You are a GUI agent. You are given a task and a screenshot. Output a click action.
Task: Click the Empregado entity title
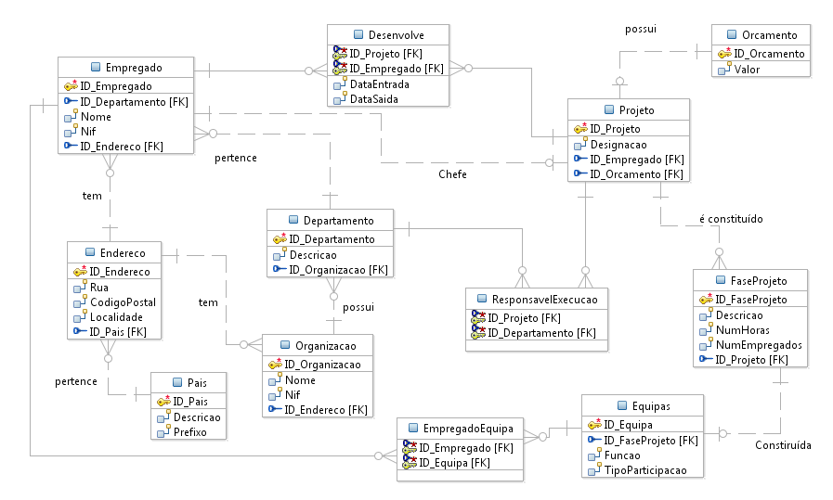[x=134, y=68]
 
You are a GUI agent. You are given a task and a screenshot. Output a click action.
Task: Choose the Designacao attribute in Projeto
[x=618, y=144]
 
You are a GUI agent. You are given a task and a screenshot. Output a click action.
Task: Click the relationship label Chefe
[x=452, y=174]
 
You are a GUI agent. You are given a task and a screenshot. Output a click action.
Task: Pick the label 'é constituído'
[x=730, y=219]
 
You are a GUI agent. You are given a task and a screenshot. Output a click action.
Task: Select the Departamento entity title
[x=338, y=220]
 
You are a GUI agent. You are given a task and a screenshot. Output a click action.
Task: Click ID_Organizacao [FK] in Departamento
[x=338, y=270]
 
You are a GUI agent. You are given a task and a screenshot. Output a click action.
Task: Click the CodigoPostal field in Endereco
[x=123, y=301]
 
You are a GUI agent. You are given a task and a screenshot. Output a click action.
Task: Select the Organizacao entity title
[x=324, y=345]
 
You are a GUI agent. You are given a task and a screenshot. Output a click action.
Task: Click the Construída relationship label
[x=784, y=445]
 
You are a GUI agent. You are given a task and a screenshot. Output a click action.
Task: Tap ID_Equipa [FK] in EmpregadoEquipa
[x=454, y=463]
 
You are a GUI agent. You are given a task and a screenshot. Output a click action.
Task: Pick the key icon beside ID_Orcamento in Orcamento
[x=724, y=54]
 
